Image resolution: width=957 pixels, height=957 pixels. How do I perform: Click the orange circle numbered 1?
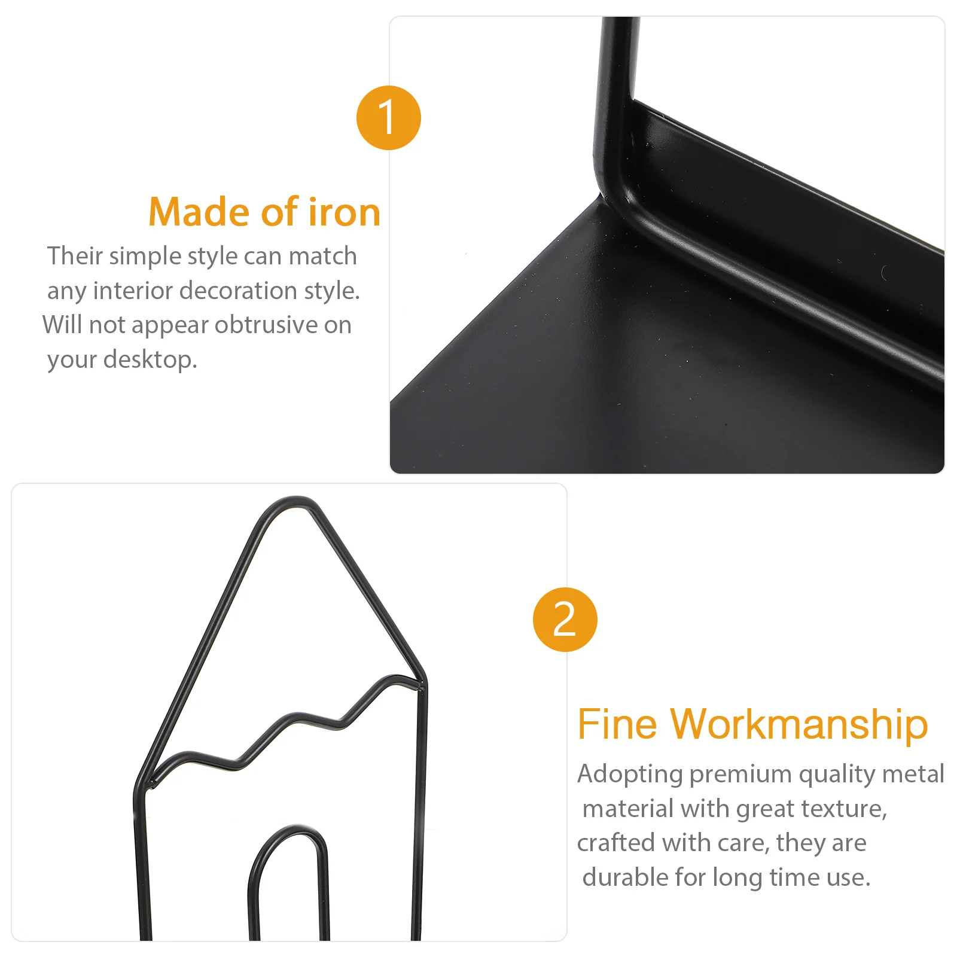pos(389,118)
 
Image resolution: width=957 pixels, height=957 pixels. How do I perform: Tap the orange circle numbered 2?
pos(565,620)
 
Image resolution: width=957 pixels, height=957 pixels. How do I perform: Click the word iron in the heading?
pos(344,212)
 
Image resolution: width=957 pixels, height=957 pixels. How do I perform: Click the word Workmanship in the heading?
pos(799,725)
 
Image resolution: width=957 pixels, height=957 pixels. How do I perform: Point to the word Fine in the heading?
pos(617,725)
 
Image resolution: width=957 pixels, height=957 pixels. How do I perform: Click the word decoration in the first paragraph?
pos(239,291)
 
